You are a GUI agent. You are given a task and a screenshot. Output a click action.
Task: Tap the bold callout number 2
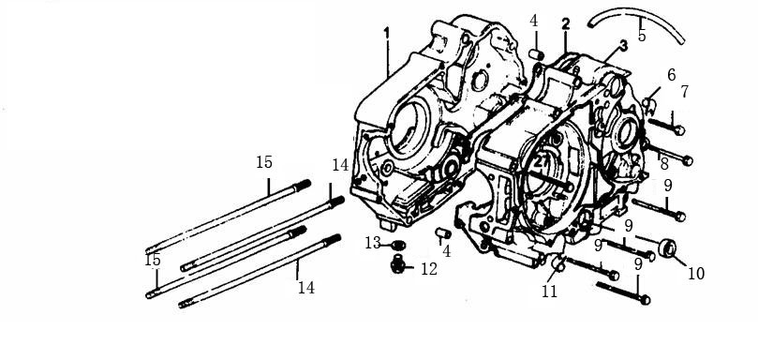565,23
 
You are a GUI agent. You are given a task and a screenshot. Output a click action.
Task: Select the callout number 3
622,46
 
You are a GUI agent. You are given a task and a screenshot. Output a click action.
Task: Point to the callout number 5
642,36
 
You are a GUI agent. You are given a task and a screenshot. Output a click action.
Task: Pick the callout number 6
671,75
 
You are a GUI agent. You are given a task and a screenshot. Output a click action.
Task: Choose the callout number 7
685,92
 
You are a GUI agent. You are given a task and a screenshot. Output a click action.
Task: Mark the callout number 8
664,164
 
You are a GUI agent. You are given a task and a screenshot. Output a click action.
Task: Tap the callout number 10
695,274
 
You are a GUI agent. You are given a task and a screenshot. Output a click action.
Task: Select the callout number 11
549,292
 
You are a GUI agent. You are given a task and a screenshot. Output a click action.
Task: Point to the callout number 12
428,270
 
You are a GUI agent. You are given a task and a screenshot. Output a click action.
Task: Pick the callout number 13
373,243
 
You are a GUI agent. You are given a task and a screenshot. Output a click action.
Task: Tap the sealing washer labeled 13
398,247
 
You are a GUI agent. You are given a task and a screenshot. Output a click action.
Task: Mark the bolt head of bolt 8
689,160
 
